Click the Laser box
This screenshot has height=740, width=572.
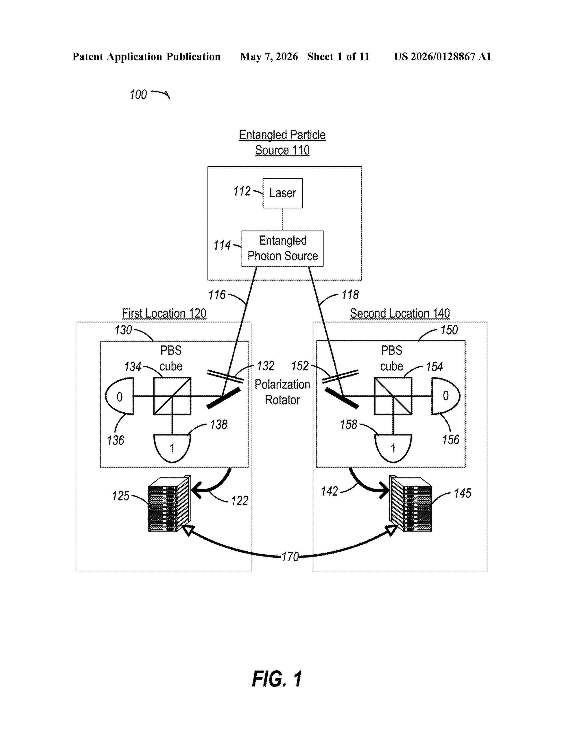(283, 193)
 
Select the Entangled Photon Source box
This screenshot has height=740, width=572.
(283, 248)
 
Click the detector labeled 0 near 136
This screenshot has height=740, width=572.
(120, 396)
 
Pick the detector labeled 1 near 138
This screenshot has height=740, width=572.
(172, 448)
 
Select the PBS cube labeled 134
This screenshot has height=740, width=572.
(172, 396)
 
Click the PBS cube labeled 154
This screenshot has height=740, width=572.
(393, 396)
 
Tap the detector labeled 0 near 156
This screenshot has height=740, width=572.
(446, 396)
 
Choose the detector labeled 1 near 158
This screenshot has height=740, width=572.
(393, 448)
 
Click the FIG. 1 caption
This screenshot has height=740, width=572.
(277, 679)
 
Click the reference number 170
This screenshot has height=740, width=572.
(290, 557)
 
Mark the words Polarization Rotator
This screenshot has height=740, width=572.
(282, 392)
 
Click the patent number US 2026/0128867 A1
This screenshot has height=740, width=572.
(443, 57)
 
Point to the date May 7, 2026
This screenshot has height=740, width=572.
(269, 57)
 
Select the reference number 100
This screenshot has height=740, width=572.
(138, 95)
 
